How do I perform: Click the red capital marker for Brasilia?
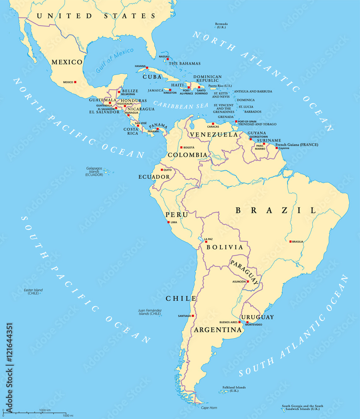[x=290, y=241]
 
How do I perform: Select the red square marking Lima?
[x=168, y=222]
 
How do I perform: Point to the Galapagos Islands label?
[x=94, y=171]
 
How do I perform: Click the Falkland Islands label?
[x=234, y=389]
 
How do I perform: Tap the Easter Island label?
[x=33, y=291]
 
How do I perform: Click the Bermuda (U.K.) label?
[x=222, y=26]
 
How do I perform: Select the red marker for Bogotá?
[x=181, y=147]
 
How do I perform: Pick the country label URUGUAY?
[x=257, y=317]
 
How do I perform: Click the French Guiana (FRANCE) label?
[x=297, y=145]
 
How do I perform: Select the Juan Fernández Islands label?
[x=150, y=312]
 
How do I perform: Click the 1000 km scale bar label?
[x=45, y=410]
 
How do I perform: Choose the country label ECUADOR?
[x=154, y=177]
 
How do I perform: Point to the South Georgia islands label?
[x=303, y=408]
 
